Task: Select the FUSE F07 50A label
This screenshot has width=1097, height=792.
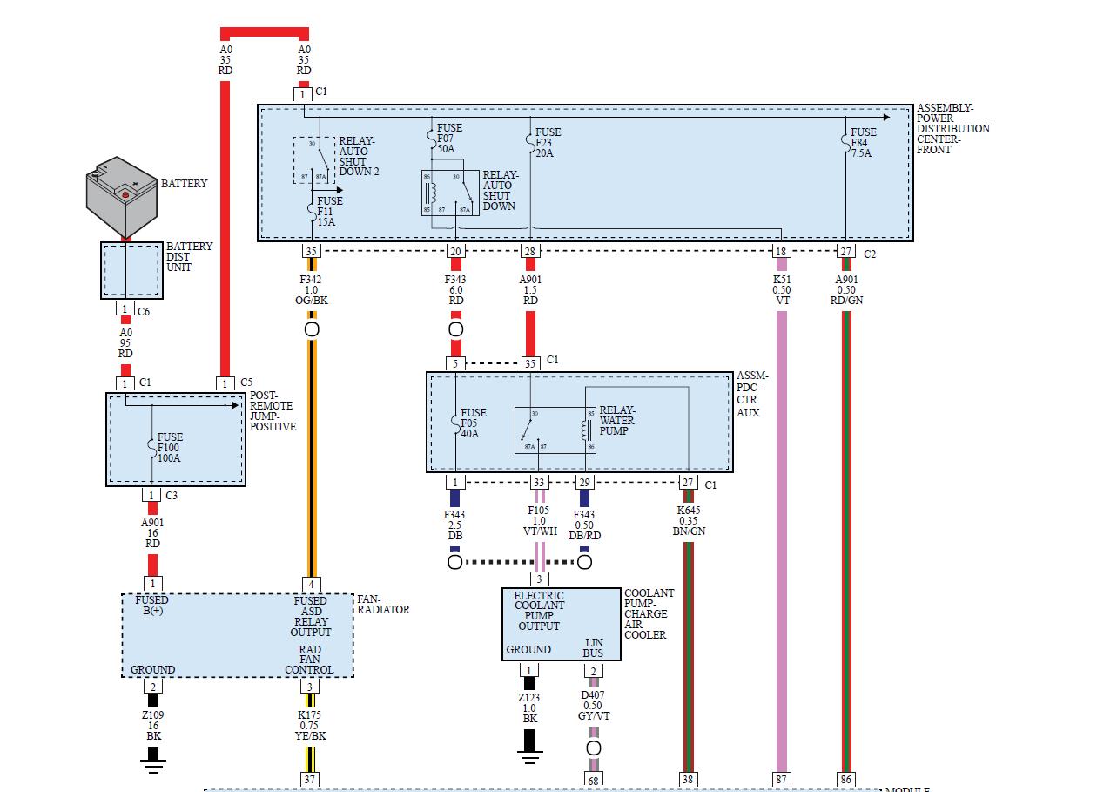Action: [x=449, y=139]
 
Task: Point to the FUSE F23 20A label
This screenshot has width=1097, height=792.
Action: [x=548, y=143]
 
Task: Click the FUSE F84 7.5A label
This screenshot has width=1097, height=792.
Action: [x=862, y=143]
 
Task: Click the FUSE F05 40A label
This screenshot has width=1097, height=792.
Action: [x=474, y=423]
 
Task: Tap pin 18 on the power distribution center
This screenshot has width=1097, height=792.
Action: [x=781, y=252]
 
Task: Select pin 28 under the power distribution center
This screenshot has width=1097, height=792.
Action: [x=530, y=252]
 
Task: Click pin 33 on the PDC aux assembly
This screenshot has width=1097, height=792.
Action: [x=540, y=483]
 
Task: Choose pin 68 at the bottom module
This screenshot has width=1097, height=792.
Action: [x=593, y=780]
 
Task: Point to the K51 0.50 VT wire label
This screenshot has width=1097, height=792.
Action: [x=781, y=290]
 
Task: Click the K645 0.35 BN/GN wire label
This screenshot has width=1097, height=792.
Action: [x=688, y=521]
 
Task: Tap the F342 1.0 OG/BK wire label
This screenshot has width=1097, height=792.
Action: [x=311, y=290]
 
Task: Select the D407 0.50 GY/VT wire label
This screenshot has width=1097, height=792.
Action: [x=593, y=706]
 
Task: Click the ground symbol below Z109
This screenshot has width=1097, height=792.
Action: [x=153, y=765]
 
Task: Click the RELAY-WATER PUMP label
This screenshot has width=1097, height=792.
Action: [x=617, y=420]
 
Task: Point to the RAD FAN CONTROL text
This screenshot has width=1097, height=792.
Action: [x=309, y=660]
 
